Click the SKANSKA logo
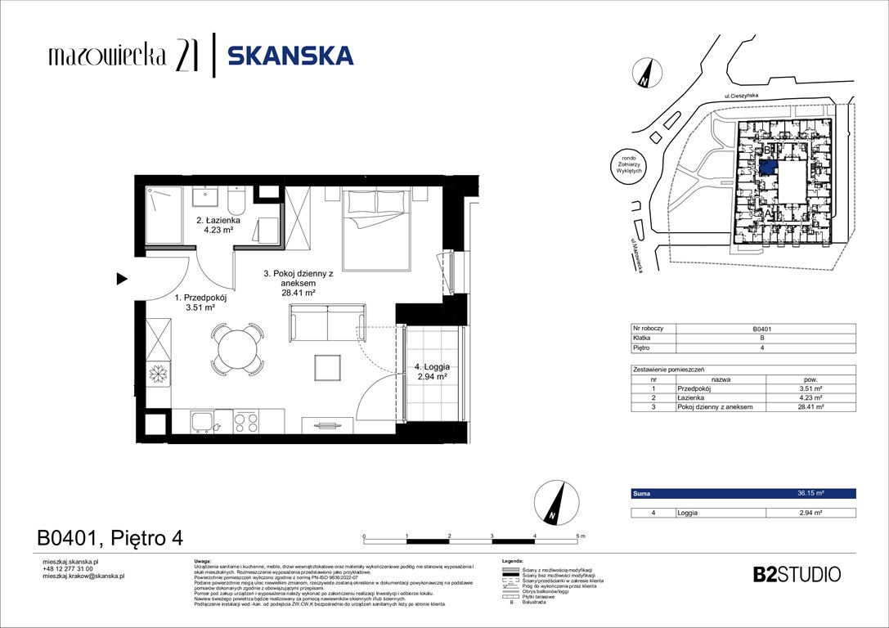pyautogui.click(x=290, y=56)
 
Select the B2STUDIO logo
pyautogui.click(x=796, y=574)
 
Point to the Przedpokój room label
pyautogui.click(x=198, y=303)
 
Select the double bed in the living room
pyautogui.click(x=377, y=229)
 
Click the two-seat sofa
pyautogui.click(x=327, y=324)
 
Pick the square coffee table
pyautogui.click(x=330, y=369)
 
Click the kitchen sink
pyautogui.click(x=204, y=422)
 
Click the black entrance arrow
pyautogui.click(x=122, y=280)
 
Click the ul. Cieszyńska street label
pyautogui.click(x=741, y=97)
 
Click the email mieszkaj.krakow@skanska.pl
pyautogui.click(x=83, y=576)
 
